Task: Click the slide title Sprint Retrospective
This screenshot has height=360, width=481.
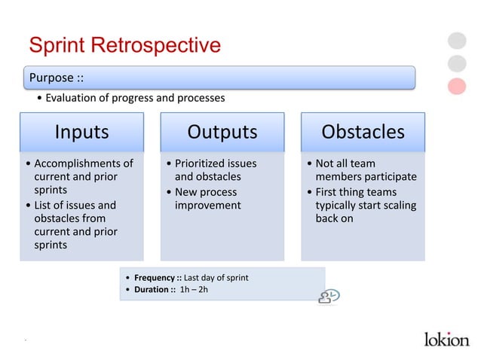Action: pyautogui.click(x=124, y=45)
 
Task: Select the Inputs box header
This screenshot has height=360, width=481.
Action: pyautogui.click(x=81, y=132)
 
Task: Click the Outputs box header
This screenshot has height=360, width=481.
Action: pyautogui.click(x=222, y=132)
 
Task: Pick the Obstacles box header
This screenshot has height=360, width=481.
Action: pyautogui.click(x=363, y=132)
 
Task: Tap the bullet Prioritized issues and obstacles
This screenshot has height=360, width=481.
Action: pyautogui.click(x=214, y=169)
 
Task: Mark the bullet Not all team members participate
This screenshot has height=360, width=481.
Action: pyautogui.click(x=364, y=169)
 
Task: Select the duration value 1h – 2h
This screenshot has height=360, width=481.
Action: pyautogui.click(x=193, y=290)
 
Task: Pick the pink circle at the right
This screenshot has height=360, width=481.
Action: pyautogui.click(x=457, y=86)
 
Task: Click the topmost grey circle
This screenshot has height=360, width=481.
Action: pyautogui.click(x=457, y=40)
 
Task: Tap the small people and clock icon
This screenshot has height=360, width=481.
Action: pyautogui.click(x=329, y=296)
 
